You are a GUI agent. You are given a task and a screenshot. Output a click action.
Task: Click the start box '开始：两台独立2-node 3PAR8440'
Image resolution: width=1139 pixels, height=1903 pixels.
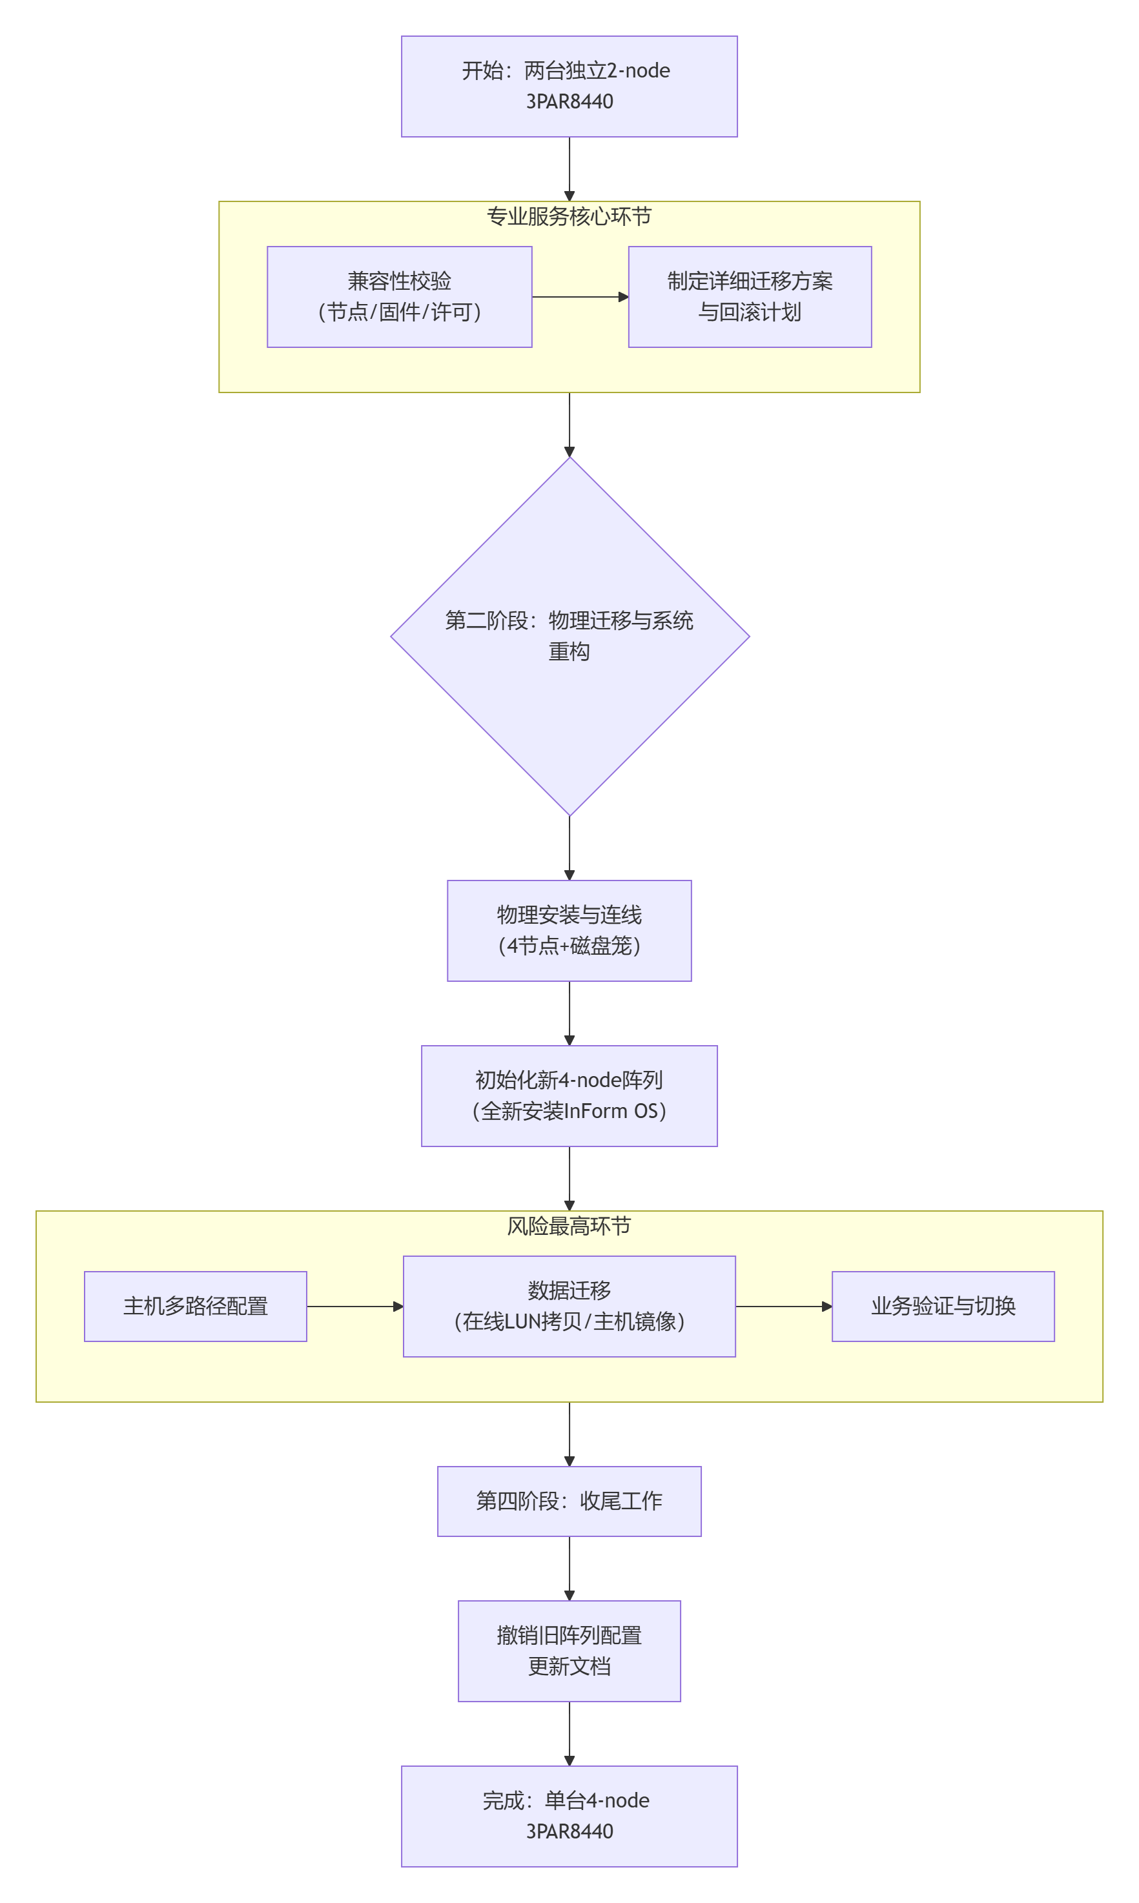click(x=569, y=86)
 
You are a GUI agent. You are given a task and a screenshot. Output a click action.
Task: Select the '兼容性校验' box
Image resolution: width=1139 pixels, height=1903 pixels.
click(x=399, y=296)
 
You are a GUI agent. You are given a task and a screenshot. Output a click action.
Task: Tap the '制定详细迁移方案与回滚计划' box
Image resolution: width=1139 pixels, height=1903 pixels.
click(x=749, y=296)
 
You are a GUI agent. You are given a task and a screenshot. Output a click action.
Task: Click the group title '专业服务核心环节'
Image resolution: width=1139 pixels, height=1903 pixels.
click(x=569, y=216)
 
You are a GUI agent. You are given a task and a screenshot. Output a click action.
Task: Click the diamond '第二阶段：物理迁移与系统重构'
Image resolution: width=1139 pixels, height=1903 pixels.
click(x=569, y=635)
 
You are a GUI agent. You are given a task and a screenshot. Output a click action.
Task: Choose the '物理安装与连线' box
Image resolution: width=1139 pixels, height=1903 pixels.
click(x=569, y=930)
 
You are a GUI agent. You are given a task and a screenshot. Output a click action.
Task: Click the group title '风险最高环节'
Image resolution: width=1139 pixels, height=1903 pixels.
click(x=569, y=1225)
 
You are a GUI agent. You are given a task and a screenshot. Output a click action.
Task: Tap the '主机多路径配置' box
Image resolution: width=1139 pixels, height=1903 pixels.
click(x=195, y=1305)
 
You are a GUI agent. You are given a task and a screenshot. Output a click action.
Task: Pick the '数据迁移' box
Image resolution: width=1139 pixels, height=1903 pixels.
click(x=569, y=1305)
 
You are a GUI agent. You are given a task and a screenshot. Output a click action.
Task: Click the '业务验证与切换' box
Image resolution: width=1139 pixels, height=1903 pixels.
click(x=943, y=1305)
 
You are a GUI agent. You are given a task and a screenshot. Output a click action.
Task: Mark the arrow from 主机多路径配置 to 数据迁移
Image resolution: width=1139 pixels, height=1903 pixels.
click(x=354, y=1305)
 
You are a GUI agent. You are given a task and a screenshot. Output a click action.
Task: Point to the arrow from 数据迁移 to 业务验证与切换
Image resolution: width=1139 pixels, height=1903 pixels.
click(x=783, y=1305)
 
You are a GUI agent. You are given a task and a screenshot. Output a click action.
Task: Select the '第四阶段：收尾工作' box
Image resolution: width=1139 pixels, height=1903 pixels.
click(x=569, y=1500)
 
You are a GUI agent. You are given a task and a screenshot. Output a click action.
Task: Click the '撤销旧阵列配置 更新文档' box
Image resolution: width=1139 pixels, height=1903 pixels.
click(x=569, y=1650)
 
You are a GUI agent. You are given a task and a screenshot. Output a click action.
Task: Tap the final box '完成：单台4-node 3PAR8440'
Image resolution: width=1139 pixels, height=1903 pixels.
click(x=569, y=1815)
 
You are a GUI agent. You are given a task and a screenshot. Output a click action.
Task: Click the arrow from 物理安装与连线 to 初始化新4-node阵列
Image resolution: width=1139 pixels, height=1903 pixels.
click(x=569, y=1012)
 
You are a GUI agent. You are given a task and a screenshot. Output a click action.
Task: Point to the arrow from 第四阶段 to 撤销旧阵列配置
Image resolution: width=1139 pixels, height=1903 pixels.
click(x=569, y=1568)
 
